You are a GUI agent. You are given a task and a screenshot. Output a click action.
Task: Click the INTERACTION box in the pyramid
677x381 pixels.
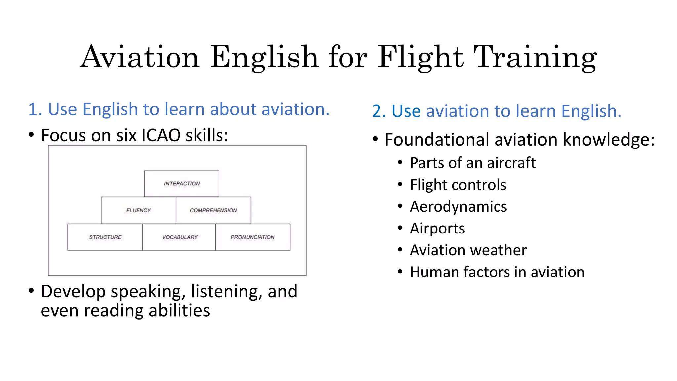(x=182, y=184)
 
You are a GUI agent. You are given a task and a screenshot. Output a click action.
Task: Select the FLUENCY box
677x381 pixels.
(x=139, y=210)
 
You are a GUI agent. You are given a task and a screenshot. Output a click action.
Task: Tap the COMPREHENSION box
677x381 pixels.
(x=213, y=210)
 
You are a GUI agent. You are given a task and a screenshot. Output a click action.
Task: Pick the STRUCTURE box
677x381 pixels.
(x=105, y=237)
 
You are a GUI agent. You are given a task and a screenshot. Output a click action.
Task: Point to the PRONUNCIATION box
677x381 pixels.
(x=253, y=237)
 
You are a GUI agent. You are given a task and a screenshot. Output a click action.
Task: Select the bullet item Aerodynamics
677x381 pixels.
(x=458, y=207)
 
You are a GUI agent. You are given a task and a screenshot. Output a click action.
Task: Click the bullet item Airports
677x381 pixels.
(x=437, y=229)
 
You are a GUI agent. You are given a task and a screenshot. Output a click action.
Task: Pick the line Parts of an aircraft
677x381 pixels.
(x=472, y=163)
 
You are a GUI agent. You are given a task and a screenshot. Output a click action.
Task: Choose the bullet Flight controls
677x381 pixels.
(x=458, y=185)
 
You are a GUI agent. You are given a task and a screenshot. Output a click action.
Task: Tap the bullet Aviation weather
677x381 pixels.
(x=468, y=250)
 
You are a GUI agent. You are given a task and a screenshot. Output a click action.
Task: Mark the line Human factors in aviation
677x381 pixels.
(x=497, y=272)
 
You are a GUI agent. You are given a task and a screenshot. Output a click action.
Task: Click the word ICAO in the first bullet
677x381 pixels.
(x=161, y=135)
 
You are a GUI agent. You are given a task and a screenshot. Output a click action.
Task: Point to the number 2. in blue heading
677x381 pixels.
(x=379, y=111)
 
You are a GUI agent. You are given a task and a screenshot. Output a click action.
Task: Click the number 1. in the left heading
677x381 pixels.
(x=35, y=109)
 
